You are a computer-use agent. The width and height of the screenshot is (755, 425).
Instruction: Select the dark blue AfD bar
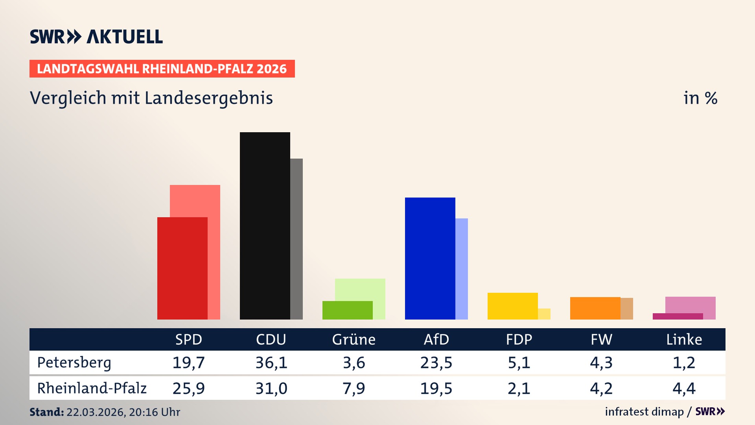pos(430,258)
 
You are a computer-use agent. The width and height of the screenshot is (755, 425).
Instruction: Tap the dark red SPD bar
pos(182,268)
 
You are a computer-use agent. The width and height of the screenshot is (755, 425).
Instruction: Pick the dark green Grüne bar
pos(347,310)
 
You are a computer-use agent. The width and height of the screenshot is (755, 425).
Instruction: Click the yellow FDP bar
pos(512,306)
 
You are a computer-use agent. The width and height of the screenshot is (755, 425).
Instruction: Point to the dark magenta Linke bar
pos(678,316)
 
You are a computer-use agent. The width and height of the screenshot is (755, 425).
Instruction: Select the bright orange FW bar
pos(595,308)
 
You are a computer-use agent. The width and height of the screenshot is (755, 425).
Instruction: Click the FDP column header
pos(519,339)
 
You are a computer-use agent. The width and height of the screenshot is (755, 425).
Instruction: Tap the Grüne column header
pos(354,339)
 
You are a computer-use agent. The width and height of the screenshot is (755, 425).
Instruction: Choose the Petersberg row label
pos(74,362)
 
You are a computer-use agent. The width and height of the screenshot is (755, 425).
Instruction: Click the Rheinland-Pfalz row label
pos(92,388)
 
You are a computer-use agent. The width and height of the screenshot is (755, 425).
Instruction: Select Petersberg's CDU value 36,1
pos(271,362)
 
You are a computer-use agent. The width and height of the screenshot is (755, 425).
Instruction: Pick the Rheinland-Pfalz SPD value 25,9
pos(188,388)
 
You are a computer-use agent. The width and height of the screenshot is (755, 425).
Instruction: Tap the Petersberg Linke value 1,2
pos(684,362)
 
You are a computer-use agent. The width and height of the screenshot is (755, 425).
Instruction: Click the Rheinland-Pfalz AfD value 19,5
pos(436,388)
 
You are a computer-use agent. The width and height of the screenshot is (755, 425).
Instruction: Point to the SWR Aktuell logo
pos(96,37)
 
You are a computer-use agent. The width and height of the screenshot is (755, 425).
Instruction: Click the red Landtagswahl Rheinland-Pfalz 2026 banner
pos(162,69)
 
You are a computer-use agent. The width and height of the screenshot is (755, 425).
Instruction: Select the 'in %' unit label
pos(700,98)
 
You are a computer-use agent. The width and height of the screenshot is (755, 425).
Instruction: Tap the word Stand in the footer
pos(46,412)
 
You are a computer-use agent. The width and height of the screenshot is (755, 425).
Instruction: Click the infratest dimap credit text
pos(644,412)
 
